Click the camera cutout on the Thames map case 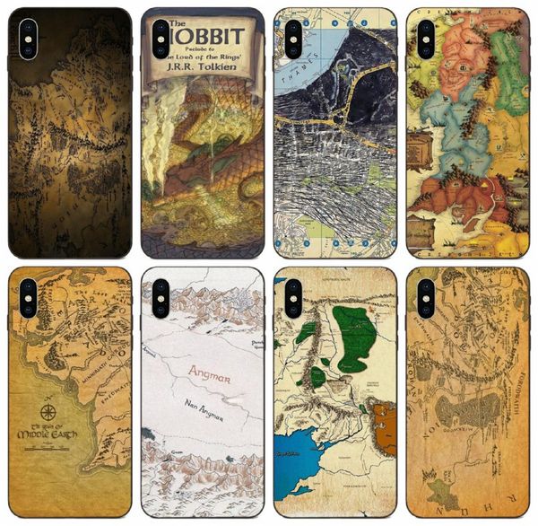coord(293,40)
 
